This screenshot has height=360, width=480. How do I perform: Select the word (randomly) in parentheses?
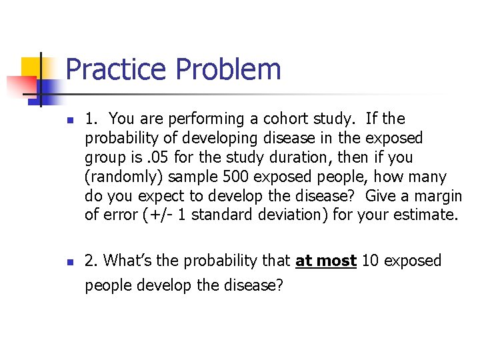pos(123,177)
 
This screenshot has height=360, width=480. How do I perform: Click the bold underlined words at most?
pos(326,261)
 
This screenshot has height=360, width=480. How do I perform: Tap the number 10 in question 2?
pos(371,261)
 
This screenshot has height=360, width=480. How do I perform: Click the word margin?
pos(437,196)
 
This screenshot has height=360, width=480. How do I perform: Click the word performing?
pos(202,119)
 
